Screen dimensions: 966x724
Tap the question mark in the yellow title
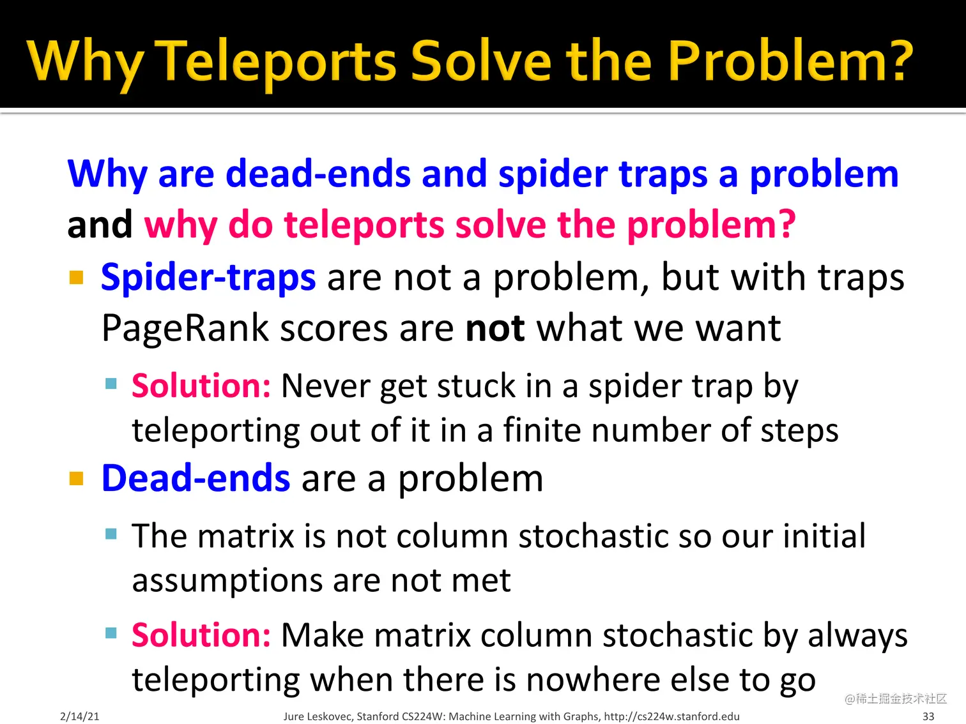click(x=898, y=60)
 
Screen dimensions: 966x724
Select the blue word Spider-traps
click(x=208, y=277)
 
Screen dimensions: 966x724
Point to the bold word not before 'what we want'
click(x=494, y=328)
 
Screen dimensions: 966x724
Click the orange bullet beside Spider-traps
click(x=77, y=277)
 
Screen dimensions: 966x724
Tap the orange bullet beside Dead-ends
click(x=77, y=478)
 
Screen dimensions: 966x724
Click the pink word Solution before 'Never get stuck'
click(x=201, y=386)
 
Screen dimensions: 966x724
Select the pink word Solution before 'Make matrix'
click(x=201, y=635)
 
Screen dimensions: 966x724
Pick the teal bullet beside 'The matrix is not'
click(x=111, y=534)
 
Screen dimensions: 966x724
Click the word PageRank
click(x=185, y=329)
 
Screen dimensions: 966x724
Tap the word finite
click(x=541, y=430)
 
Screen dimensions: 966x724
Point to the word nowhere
click(x=593, y=680)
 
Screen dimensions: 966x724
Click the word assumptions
click(x=227, y=582)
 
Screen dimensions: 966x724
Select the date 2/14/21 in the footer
click(x=80, y=716)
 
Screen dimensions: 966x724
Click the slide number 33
click(x=928, y=716)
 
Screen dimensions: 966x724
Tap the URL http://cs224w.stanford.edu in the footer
click(x=671, y=716)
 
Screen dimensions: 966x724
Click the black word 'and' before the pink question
click(x=100, y=224)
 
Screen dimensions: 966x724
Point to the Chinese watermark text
click(x=895, y=698)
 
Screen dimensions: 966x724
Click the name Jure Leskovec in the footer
click(x=318, y=716)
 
